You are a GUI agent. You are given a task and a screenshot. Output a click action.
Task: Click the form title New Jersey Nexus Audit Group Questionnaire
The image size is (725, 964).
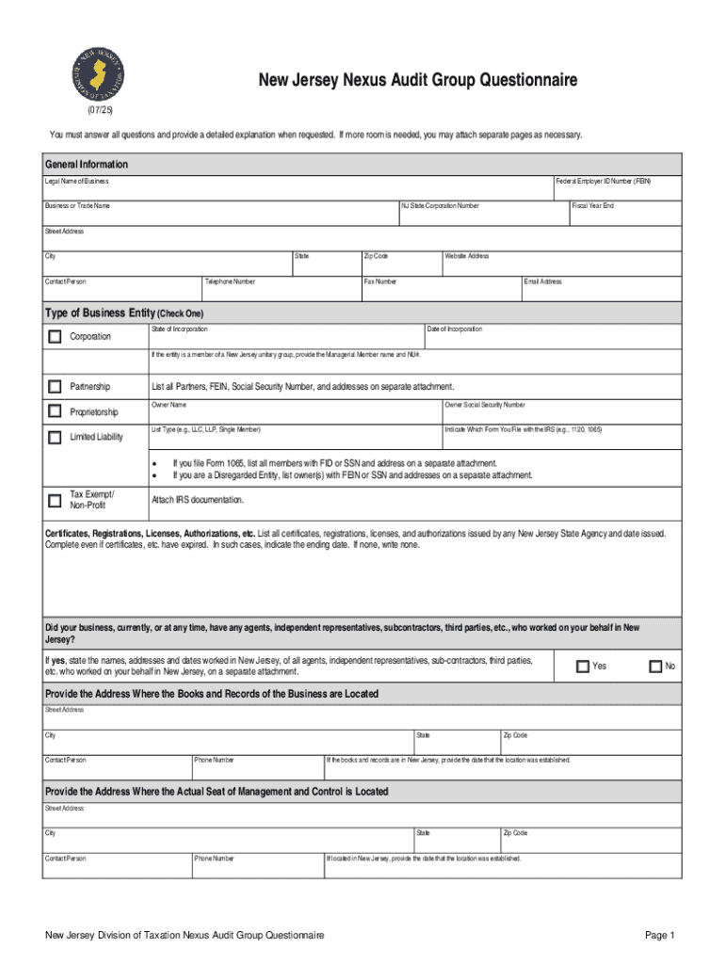pyautogui.click(x=418, y=81)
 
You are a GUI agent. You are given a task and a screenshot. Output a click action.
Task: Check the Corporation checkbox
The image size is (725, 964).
pyautogui.click(x=55, y=337)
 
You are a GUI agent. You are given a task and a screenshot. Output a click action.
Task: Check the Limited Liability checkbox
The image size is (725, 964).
pyautogui.click(x=55, y=437)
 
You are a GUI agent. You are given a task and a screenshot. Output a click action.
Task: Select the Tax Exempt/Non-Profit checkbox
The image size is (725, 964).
pyautogui.click(x=55, y=500)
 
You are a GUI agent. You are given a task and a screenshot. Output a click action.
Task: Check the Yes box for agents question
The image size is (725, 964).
pyautogui.click(x=582, y=667)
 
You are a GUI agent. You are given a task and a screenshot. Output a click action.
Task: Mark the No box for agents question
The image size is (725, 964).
pyautogui.click(x=656, y=667)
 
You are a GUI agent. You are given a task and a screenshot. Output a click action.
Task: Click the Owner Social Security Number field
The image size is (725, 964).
pyautogui.click(x=562, y=411)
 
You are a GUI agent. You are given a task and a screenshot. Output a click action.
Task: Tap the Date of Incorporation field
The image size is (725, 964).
pyautogui.click(x=553, y=336)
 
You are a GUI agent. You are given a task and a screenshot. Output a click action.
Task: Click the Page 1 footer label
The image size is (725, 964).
pyautogui.click(x=660, y=935)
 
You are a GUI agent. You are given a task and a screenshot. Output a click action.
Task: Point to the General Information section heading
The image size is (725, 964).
pyautogui.click(x=87, y=164)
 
